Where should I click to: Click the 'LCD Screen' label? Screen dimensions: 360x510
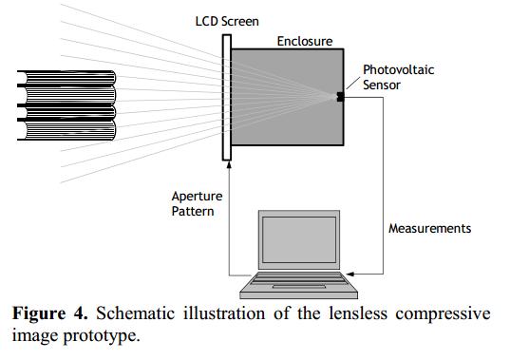(x=229, y=21)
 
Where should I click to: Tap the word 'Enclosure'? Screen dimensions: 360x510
(x=304, y=41)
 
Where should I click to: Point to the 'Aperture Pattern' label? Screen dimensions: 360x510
(x=195, y=203)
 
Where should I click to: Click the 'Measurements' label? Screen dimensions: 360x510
(x=429, y=229)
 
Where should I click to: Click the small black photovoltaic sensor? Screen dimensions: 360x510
(x=338, y=95)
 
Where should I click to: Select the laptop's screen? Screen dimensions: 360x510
(x=296, y=241)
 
